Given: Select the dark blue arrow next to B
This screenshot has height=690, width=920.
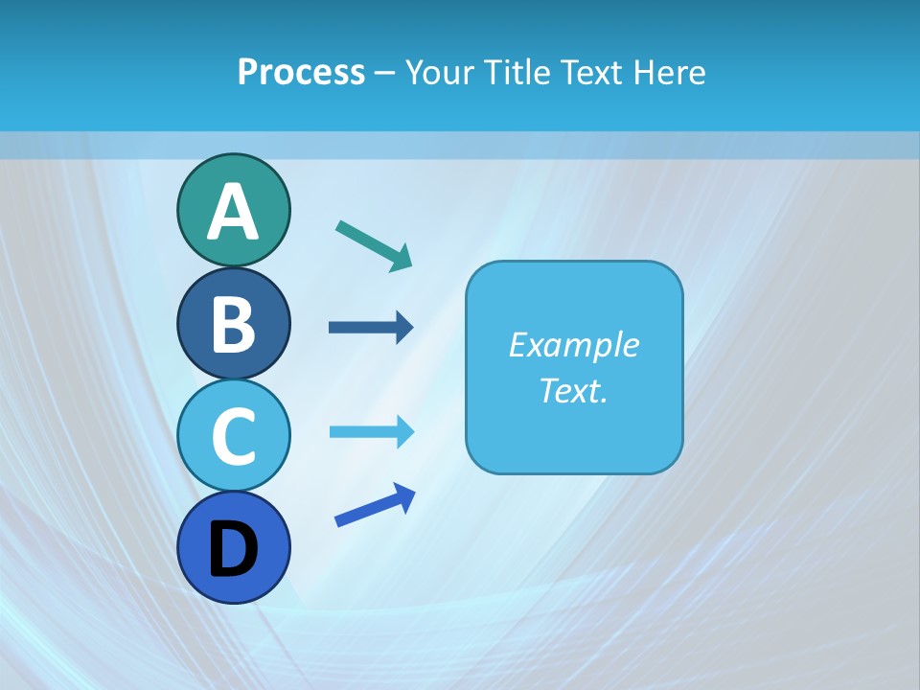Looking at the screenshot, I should click(x=370, y=328).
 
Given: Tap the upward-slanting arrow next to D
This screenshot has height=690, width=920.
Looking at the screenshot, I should click(x=375, y=507).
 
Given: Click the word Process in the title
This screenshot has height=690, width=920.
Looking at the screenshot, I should click(x=301, y=72).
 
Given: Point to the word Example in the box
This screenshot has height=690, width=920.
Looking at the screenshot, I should click(x=573, y=345).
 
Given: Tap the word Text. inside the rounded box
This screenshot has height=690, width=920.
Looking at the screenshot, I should click(x=573, y=390).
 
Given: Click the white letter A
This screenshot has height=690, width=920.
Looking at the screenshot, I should click(x=233, y=212).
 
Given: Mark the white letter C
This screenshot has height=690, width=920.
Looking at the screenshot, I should click(x=233, y=436).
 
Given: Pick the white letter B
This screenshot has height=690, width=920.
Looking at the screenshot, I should click(x=233, y=324).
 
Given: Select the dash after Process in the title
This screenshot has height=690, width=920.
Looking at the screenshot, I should click(x=385, y=74).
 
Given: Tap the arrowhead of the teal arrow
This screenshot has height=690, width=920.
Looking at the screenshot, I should click(x=402, y=258).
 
